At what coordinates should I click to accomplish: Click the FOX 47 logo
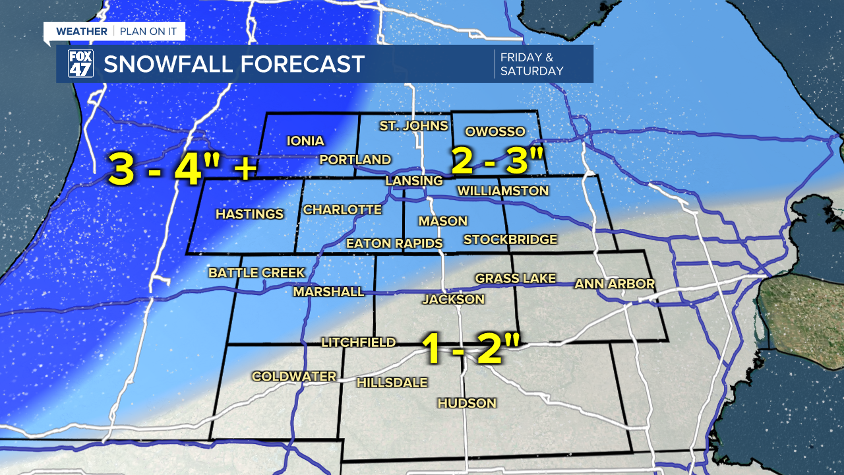(80, 64)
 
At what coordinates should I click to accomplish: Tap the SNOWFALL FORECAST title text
(234, 65)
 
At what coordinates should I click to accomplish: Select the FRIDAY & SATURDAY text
(531, 64)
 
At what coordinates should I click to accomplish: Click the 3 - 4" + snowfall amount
(182, 169)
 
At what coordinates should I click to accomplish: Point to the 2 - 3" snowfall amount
(498, 161)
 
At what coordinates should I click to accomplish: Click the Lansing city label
(414, 181)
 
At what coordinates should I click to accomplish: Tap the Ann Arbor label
(615, 284)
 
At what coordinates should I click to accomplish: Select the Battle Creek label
(256, 272)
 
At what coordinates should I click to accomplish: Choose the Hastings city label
(249, 214)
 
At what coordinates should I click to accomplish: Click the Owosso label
(495, 131)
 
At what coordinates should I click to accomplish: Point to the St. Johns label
(413, 125)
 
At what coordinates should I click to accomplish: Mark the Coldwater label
(294, 376)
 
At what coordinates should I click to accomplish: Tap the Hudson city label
(466, 403)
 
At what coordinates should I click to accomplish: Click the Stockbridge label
(510, 239)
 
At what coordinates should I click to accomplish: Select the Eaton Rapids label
(394, 243)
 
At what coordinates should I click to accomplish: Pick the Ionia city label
(305, 141)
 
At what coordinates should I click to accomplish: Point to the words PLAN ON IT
(148, 32)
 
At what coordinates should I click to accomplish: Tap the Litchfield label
(358, 342)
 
